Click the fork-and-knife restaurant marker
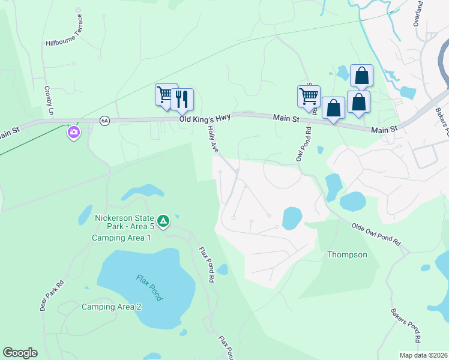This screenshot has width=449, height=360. point(182,99)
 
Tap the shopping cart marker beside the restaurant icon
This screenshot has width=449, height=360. point(165,95)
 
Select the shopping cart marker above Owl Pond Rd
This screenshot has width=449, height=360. point(309,97)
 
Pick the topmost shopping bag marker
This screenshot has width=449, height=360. point(361,76)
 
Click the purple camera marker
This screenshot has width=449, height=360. point(74,132)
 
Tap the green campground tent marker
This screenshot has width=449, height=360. point(163,221)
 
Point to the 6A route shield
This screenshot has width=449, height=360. point(105,121)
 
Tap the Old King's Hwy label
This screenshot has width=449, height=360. point(205,119)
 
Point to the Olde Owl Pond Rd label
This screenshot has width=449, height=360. point(376,233)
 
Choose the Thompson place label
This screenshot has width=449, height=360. point(347,255)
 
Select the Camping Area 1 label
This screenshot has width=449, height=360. point(121,238)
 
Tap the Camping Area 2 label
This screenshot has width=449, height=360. point(112,307)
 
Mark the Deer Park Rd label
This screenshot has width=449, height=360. point(51,296)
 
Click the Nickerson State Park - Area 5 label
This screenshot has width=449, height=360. point(124,222)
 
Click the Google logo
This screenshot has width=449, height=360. point(20,353)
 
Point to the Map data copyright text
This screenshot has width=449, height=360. point(423,355)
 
